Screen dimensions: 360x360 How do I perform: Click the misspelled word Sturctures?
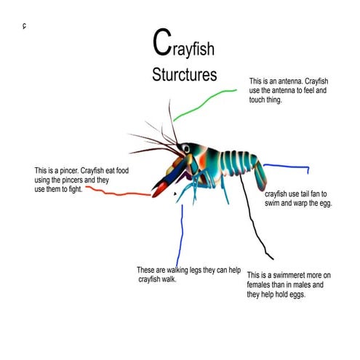[185, 75]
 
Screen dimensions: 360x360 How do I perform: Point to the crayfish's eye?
[187, 149]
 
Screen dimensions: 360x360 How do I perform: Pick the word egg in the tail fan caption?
[323, 204]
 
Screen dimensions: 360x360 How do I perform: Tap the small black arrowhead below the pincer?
[175, 193]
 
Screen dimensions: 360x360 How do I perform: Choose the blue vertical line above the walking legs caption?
[181, 233]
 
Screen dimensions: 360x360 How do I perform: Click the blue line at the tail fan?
[287, 167]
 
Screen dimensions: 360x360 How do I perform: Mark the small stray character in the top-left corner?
[24, 27]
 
